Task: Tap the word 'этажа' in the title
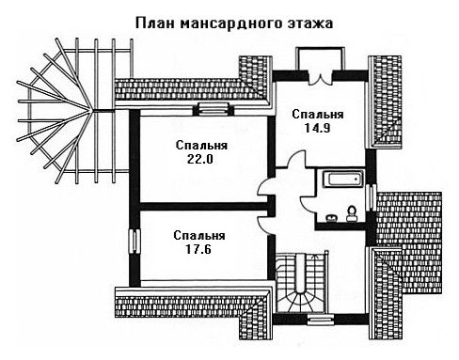pos(309,23)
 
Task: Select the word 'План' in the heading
pos(154,23)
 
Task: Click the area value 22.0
pos(200,160)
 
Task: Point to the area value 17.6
pos(198,249)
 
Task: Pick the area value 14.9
pos(318,128)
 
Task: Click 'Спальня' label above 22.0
pos(201,146)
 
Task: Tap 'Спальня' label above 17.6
pos(199,236)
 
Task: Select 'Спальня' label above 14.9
pos(318,115)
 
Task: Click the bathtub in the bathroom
pos(342,180)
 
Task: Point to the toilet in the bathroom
pos(352,213)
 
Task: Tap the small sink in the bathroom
pos(331,218)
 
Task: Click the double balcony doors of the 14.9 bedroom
pos(320,78)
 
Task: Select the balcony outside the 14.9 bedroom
pos(320,59)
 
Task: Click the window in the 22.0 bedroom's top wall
pos(214,110)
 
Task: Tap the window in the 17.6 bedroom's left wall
pos(135,242)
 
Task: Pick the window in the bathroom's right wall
pos(372,198)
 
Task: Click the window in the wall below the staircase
pos(320,320)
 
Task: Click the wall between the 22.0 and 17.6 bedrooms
pos(203,206)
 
